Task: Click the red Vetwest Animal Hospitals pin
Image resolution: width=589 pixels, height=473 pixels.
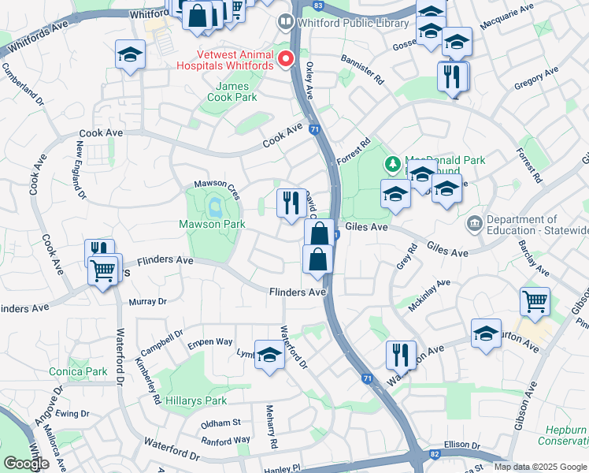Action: coord(286,58)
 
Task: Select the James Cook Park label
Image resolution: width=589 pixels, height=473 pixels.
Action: coord(232,91)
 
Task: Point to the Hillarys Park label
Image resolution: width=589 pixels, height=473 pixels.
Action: coord(196,400)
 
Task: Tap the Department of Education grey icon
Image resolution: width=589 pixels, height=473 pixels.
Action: coord(474,224)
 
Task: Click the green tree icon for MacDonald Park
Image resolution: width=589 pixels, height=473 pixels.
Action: coord(391,165)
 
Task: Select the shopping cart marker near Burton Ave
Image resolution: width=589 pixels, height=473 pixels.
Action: coord(535,300)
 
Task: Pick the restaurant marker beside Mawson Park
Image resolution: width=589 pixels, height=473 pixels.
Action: coord(291,203)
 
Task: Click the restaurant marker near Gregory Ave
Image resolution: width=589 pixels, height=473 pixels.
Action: coord(453,76)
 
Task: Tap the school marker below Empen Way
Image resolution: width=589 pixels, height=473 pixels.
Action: coord(269,355)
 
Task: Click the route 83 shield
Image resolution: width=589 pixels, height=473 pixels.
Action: coord(317,5)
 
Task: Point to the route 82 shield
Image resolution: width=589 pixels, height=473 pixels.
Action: coord(435,455)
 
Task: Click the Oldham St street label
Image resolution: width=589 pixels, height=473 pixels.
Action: coord(220,423)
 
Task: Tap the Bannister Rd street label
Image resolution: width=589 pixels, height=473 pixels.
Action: coord(362,69)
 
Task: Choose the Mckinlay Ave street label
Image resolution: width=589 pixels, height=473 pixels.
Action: coord(429,294)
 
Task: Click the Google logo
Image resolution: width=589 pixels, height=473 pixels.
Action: coord(26,464)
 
